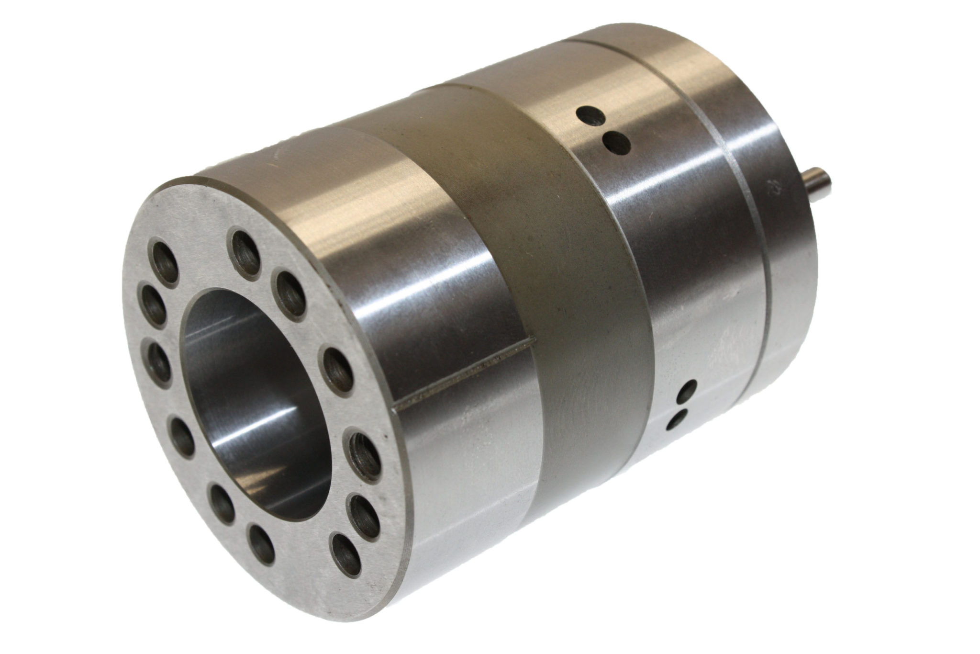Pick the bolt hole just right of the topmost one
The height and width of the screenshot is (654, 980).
point(290,294)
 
